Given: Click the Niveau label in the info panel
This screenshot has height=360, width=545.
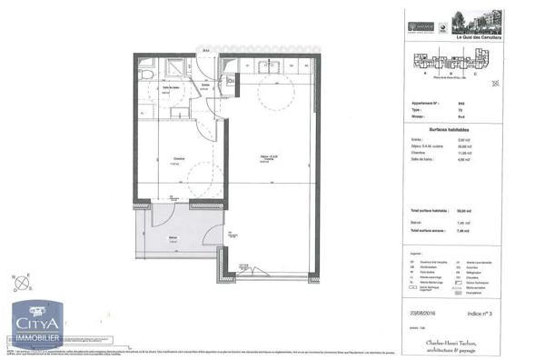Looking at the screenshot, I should pyautogui.click(x=421, y=115).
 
